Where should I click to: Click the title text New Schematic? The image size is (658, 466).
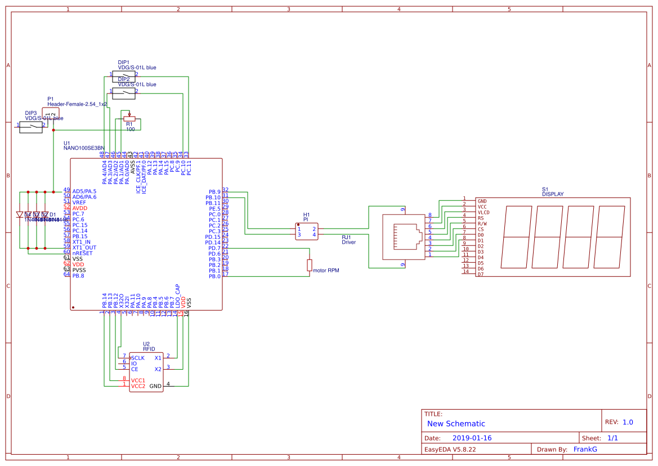(x=456, y=424)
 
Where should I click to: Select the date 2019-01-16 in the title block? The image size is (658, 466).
(x=472, y=438)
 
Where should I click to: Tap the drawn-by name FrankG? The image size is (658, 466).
(x=585, y=449)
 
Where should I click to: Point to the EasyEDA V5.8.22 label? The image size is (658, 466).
(x=450, y=449)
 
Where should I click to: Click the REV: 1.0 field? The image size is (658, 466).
(x=619, y=422)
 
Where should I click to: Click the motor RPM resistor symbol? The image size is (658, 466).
(x=309, y=265)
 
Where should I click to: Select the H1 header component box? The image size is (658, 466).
(x=307, y=231)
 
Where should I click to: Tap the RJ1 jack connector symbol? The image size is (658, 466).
(x=402, y=237)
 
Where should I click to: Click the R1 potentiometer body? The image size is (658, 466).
(x=129, y=119)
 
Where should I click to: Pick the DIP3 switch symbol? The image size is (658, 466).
(x=31, y=128)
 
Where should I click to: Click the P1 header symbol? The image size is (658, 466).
(x=50, y=114)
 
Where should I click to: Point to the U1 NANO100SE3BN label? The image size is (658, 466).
(x=84, y=147)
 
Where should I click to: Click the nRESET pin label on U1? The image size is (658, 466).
(x=82, y=253)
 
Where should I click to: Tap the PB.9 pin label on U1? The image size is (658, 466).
(x=214, y=192)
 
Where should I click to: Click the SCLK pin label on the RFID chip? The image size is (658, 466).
(x=137, y=358)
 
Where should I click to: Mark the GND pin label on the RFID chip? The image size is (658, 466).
(x=155, y=387)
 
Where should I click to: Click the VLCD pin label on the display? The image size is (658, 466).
(x=483, y=212)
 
